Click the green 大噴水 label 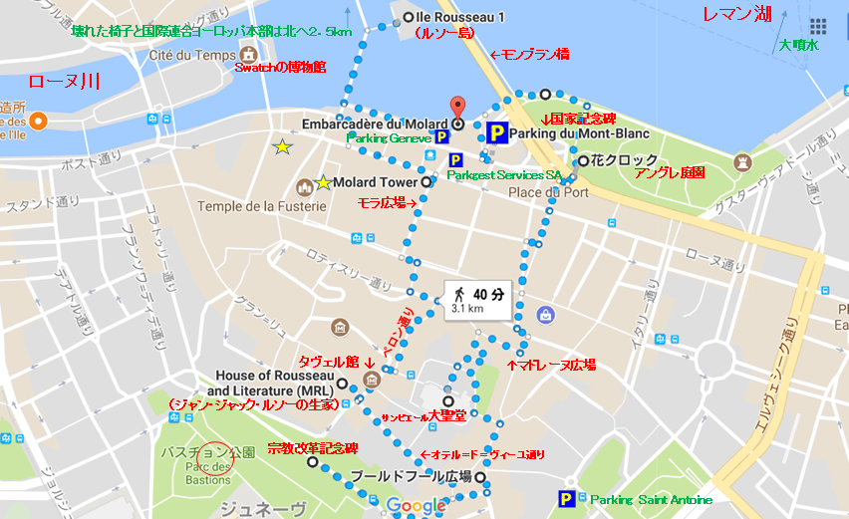coord(799,45)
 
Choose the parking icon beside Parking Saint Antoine coord(567,499)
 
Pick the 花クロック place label coord(625,160)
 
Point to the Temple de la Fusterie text coord(262,206)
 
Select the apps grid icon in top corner coord(818,26)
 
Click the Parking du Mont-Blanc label coord(578,133)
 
